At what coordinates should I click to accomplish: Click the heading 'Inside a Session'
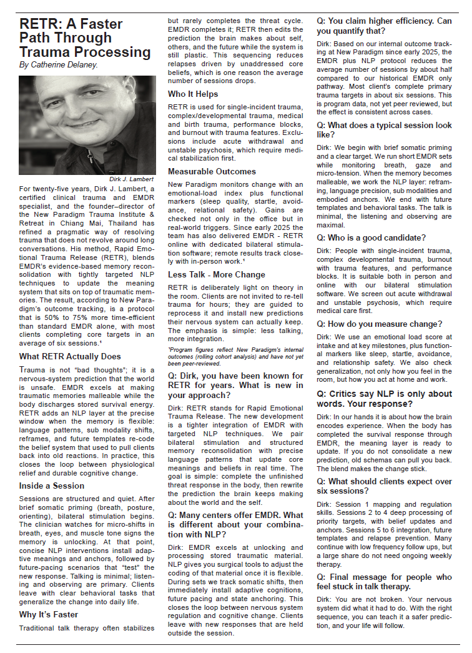[52, 486]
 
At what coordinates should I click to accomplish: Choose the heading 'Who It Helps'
[194, 94]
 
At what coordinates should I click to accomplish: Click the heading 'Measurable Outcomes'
[212, 171]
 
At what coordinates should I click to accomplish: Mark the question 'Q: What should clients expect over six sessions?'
[384, 487]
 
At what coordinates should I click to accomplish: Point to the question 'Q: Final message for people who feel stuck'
[384, 582]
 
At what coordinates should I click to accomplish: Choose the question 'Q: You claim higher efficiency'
[384, 25]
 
